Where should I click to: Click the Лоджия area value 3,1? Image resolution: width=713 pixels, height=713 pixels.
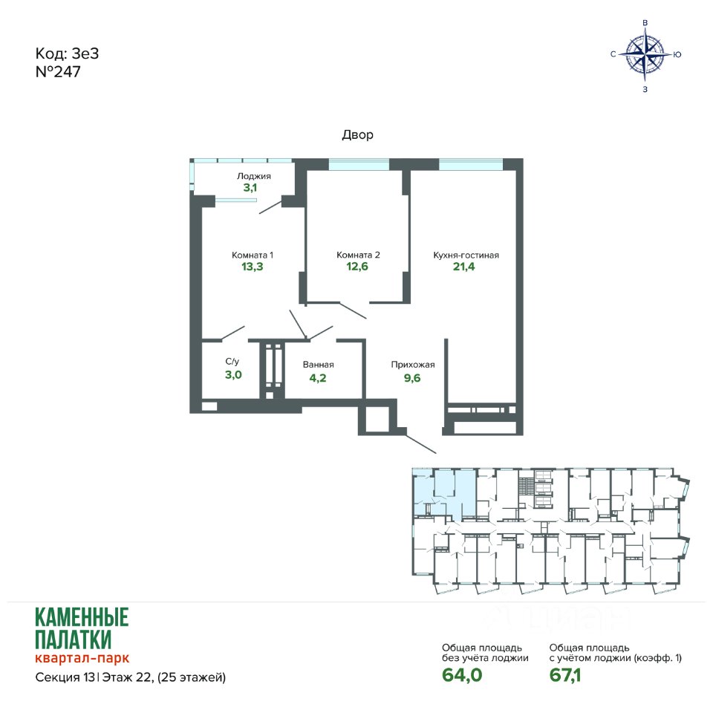pyautogui.click(x=250, y=187)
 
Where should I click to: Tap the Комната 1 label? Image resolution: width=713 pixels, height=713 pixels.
pyautogui.click(x=253, y=255)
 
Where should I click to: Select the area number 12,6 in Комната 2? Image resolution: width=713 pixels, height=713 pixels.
pyautogui.click(x=357, y=267)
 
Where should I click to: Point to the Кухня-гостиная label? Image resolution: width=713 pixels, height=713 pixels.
pyautogui.click(x=466, y=255)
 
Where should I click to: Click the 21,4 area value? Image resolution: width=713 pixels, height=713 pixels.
pyautogui.click(x=463, y=267)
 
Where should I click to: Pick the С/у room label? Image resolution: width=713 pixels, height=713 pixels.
pyautogui.click(x=232, y=362)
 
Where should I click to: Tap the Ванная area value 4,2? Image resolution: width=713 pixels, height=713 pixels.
pyautogui.click(x=318, y=378)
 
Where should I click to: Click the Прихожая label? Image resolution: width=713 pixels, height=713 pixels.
pyautogui.click(x=413, y=365)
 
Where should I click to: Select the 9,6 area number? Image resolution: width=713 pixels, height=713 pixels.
pyautogui.click(x=412, y=378)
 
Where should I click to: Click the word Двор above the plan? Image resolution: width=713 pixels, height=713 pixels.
pyautogui.click(x=358, y=134)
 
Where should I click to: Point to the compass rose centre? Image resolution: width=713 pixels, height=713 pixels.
pyautogui.click(x=645, y=54)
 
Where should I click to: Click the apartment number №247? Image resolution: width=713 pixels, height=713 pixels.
pyautogui.click(x=58, y=72)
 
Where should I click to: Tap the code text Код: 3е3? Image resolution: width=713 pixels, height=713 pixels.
pyautogui.click(x=68, y=53)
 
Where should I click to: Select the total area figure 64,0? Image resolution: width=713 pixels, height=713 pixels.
pyautogui.click(x=462, y=675)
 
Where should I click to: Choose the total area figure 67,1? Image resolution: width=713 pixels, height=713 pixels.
pyautogui.click(x=565, y=675)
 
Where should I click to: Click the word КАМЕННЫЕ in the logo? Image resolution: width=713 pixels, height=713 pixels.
pyautogui.click(x=82, y=617)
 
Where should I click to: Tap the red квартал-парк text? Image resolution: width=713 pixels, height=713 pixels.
pyautogui.click(x=82, y=658)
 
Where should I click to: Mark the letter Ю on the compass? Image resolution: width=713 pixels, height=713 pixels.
pyautogui.click(x=677, y=54)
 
